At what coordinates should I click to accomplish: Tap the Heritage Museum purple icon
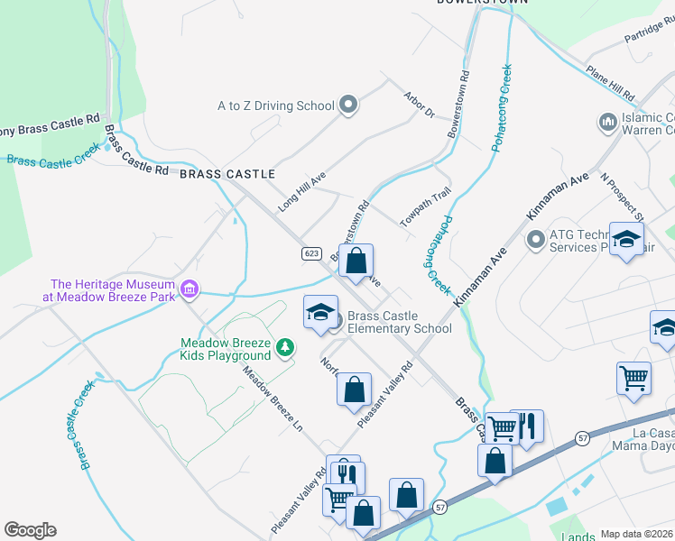coord(190,289)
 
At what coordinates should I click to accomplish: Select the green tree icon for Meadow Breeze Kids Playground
coord(285,346)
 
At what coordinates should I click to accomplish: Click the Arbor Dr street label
coord(420,105)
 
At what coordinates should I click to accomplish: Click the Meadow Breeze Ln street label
coord(269,390)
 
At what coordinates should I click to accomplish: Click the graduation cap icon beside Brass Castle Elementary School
coord(319,313)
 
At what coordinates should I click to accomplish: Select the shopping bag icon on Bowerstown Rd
coord(356,261)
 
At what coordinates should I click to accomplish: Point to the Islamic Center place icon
coord(606,121)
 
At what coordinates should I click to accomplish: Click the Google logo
coord(30,530)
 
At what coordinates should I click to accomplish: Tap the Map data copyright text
coord(637,534)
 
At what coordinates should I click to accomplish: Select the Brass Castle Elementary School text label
coord(399,322)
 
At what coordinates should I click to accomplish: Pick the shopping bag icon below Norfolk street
coord(354,390)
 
